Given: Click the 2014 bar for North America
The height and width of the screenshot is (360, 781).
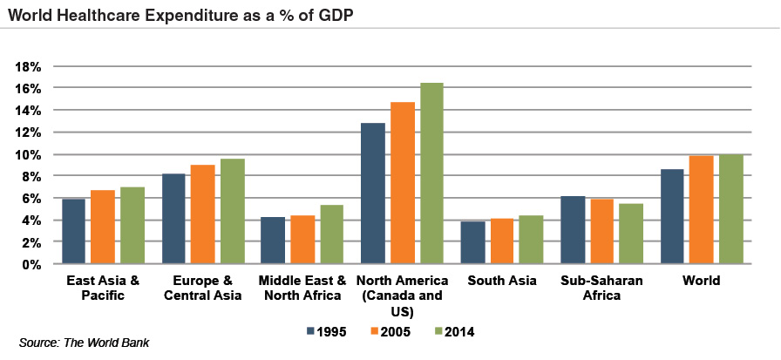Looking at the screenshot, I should coord(431,173).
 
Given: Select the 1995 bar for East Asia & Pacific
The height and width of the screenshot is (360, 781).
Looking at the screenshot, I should coord(73,231).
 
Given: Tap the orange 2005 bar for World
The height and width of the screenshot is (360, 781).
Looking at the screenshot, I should coord(702,209).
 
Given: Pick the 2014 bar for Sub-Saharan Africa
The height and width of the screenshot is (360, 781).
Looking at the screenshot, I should coord(631,234).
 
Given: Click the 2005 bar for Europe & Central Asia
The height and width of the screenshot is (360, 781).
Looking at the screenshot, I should coord(203,214).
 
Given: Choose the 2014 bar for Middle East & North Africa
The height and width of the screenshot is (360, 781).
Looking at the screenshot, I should coord(332,234).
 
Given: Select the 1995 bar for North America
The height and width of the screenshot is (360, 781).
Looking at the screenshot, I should coord(373,194).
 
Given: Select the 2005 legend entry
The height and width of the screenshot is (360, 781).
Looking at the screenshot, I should coord(387,331).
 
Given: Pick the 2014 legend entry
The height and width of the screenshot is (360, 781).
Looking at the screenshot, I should coord(455,331).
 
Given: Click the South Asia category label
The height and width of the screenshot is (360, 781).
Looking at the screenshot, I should coord(501,282).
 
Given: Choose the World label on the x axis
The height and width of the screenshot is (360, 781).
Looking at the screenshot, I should coord(702,282).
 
